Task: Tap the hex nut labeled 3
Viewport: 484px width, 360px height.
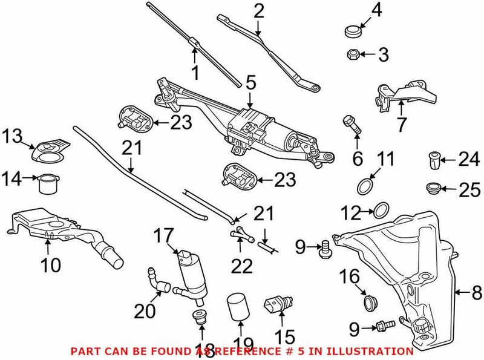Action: [353, 56]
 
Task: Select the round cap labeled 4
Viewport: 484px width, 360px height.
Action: [353, 30]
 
